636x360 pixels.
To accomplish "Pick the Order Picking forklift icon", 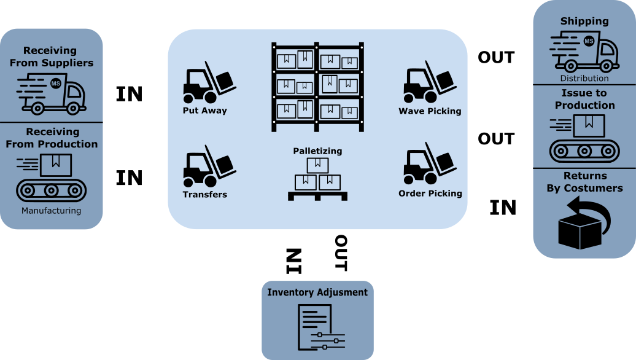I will (x=429, y=164).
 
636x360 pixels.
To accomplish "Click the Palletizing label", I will (x=317, y=151).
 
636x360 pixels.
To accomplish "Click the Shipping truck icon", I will (x=584, y=52).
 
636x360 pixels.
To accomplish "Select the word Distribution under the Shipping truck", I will (x=584, y=79).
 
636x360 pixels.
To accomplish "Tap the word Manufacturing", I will (x=51, y=211).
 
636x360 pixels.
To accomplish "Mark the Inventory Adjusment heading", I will (x=317, y=292).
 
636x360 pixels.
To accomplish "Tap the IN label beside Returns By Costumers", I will (x=503, y=208).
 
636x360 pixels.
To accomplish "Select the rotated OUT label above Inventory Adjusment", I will (x=341, y=253).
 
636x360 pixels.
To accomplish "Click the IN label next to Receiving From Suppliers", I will (x=130, y=94).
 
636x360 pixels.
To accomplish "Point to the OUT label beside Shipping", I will (x=496, y=57).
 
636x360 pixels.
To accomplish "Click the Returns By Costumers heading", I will (x=584, y=182).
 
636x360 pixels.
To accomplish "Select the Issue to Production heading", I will (x=584, y=99).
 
